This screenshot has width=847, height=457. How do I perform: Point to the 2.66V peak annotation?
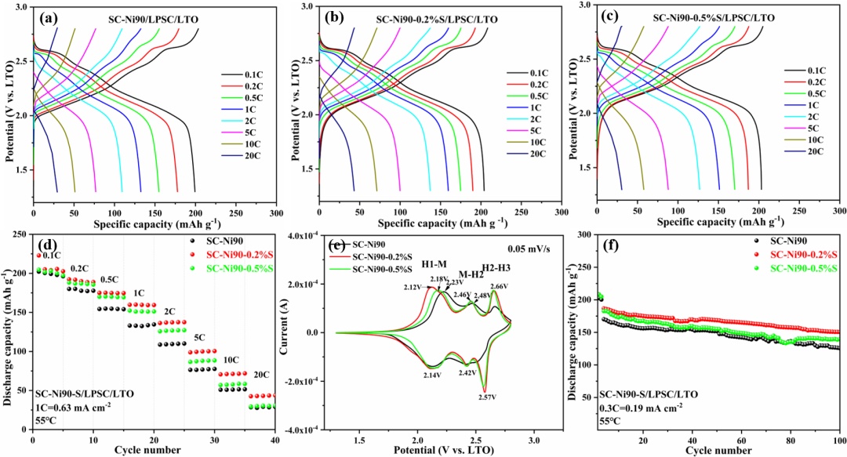[499, 286]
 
